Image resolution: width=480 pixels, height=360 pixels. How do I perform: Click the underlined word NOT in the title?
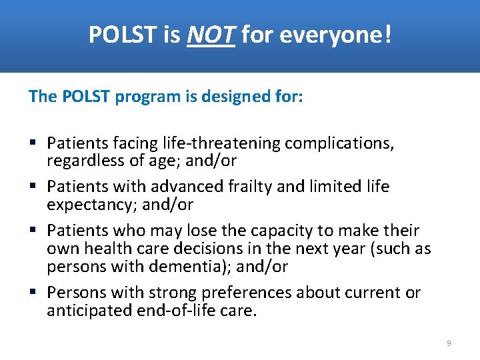pyautogui.click(x=211, y=35)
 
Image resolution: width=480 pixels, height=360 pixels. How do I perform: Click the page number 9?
pyautogui.click(x=449, y=343)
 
